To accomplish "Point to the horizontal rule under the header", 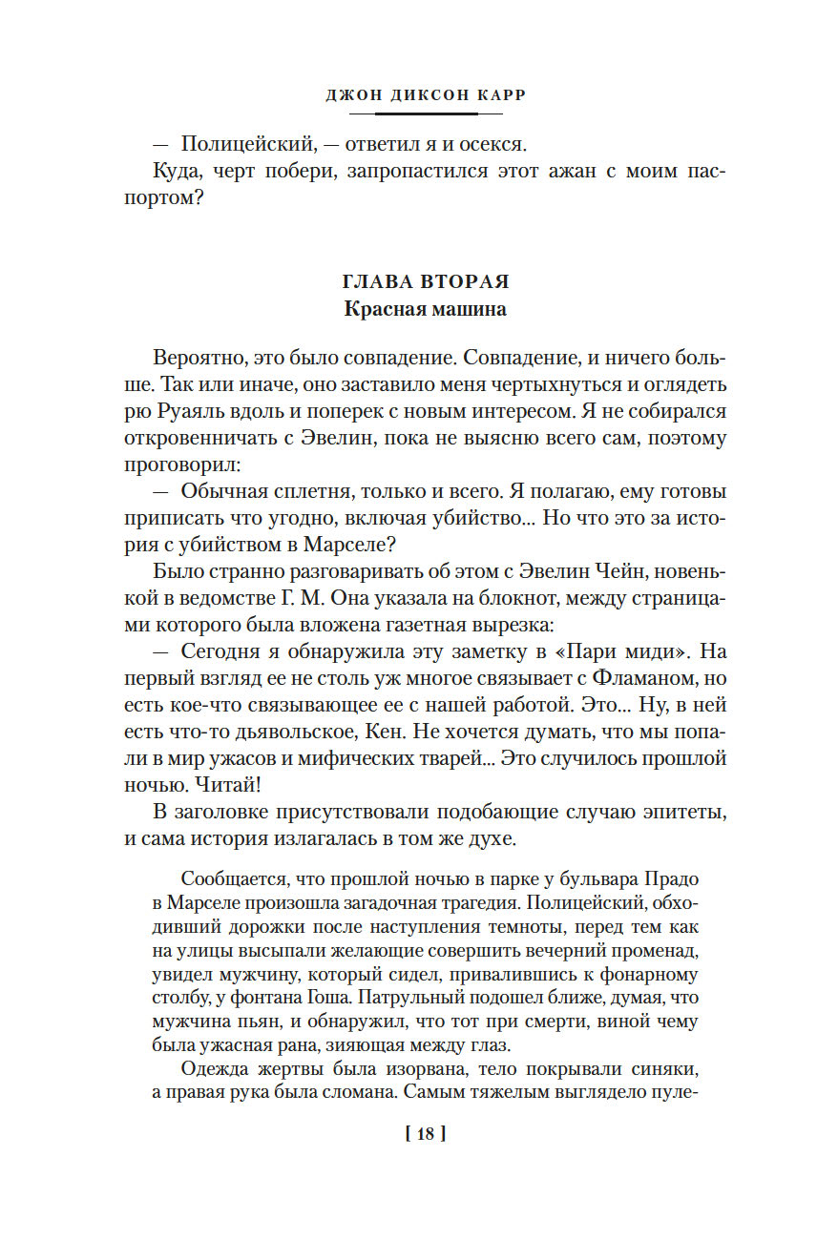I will pyautogui.click(x=426, y=114).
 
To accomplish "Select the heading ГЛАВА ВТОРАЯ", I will pyautogui.click(x=426, y=282).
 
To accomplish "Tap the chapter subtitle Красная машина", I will pyautogui.click(x=426, y=309).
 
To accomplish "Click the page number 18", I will pyautogui.click(x=426, y=1134).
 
